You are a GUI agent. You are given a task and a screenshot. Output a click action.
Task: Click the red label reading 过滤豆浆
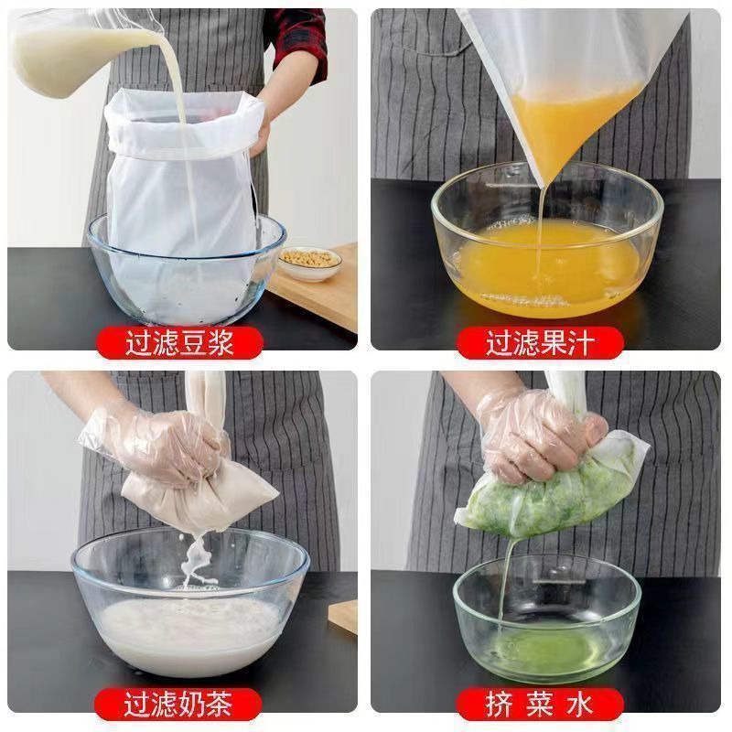click(180, 343)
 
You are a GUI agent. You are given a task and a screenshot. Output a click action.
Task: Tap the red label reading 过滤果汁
click(540, 343)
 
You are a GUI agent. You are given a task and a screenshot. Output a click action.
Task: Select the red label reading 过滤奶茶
click(180, 704)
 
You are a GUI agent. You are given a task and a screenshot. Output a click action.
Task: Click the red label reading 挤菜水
click(540, 704)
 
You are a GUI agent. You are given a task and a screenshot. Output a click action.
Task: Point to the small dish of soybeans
click(309, 262)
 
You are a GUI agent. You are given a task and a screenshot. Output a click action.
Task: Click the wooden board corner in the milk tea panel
click(345, 616)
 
